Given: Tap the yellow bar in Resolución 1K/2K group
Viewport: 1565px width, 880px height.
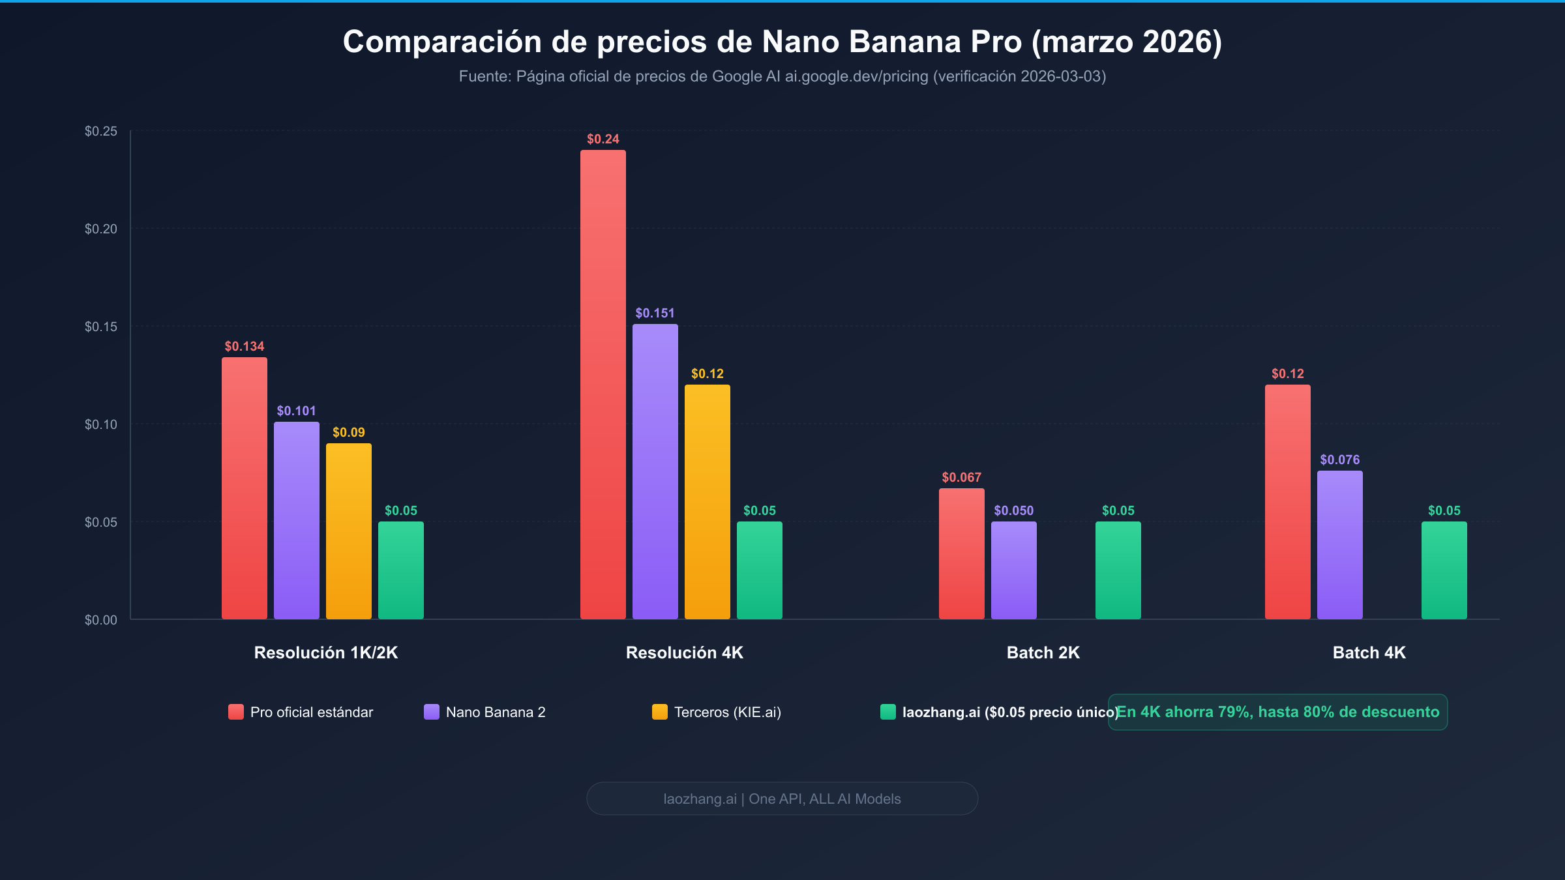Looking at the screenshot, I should (348, 531).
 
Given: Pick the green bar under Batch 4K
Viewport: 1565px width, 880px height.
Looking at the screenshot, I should (1444, 570).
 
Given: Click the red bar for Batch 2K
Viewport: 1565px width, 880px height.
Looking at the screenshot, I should (961, 554).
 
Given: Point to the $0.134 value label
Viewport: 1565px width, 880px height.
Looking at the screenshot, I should (244, 346).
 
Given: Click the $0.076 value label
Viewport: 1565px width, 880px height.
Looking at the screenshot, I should (1339, 460).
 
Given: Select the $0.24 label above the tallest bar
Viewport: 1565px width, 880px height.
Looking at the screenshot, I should (603, 139).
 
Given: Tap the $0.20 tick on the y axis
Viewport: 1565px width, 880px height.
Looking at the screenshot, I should (101, 229).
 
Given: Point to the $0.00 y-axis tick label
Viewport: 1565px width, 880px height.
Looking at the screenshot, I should (101, 620).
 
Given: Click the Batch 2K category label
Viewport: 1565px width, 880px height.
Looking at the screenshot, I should (1043, 653).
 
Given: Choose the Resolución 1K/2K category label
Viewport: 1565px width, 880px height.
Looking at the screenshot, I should (325, 653).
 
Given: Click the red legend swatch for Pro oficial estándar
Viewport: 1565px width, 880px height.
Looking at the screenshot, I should (235, 712).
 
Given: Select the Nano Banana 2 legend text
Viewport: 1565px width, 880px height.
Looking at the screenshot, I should (495, 712).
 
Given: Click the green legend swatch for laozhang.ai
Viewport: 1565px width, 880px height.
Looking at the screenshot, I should (887, 712).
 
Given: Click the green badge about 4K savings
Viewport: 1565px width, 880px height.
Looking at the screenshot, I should (1277, 712).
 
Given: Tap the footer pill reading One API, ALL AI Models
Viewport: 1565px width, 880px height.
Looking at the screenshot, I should (782, 799).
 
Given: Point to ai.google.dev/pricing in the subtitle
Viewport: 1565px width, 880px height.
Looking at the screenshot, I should (856, 76).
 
